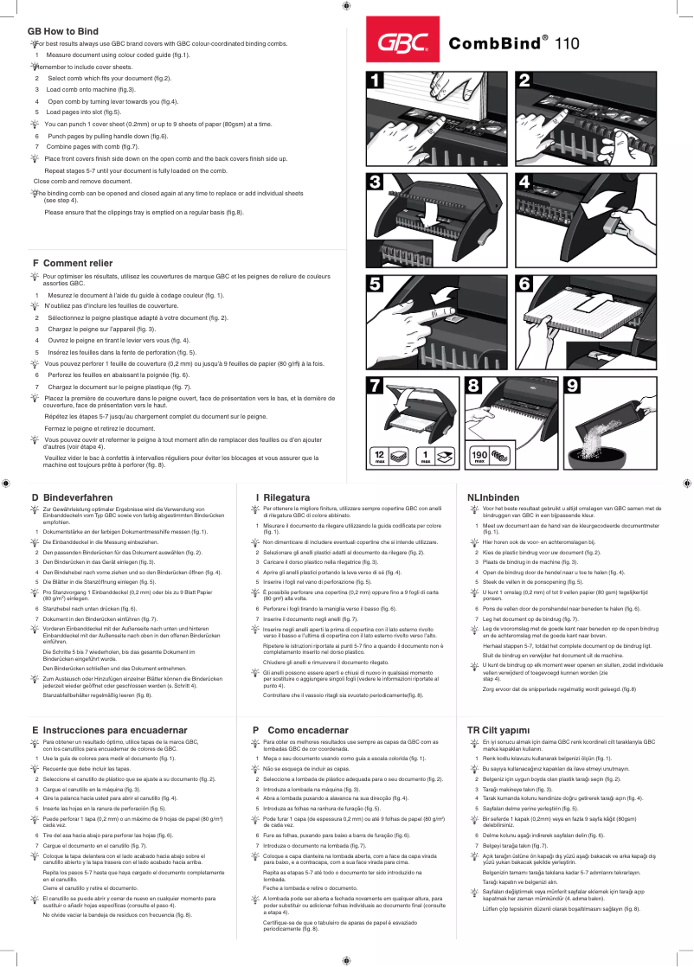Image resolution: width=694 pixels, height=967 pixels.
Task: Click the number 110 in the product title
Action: (568, 42)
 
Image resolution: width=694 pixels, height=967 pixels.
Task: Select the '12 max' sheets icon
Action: (379, 456)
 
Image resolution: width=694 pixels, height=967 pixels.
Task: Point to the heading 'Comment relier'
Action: (78, 262)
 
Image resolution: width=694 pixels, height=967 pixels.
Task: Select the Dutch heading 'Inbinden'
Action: (499, 497)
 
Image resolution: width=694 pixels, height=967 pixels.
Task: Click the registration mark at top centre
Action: (346, 6)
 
